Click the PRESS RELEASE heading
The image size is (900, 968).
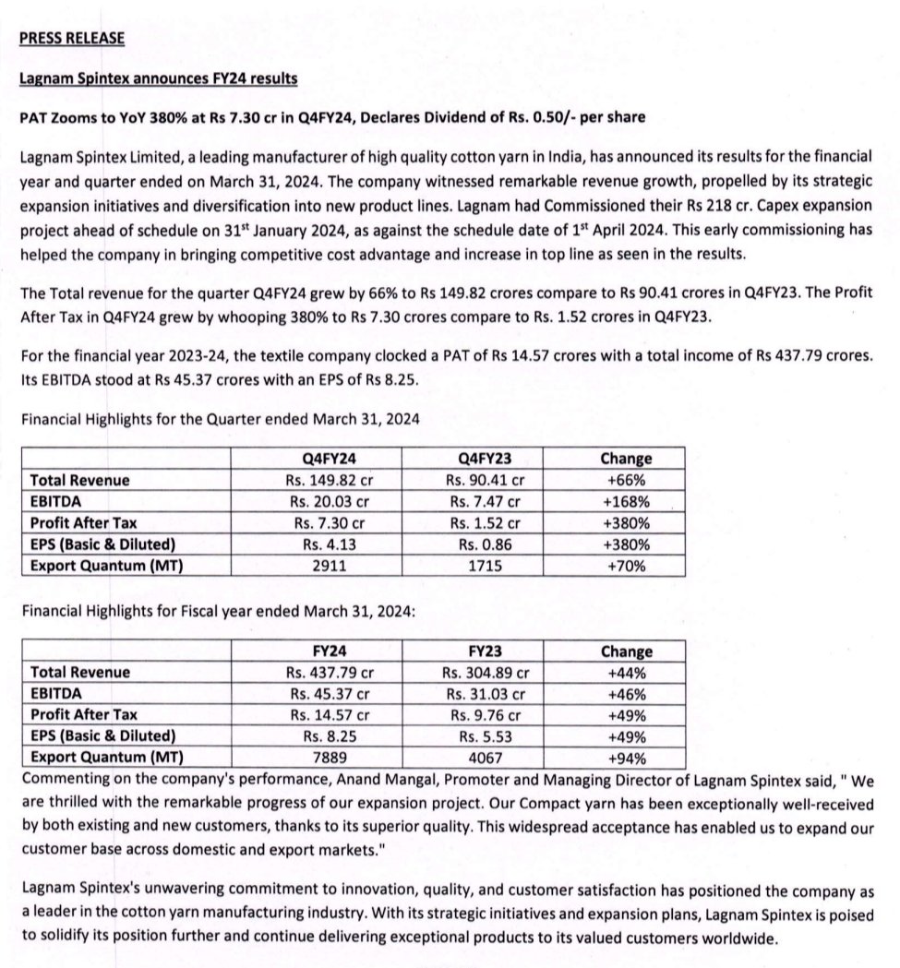tap(72, 38)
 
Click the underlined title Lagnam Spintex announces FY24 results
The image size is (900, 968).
tap(158, 78)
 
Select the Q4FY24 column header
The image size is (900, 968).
tap(330, 458)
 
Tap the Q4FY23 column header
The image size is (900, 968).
tap(485, 458)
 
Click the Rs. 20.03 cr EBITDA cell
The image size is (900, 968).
tap(330, 501)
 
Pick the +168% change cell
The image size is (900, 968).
tap(627, 501)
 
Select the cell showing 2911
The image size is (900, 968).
tap(330, 565)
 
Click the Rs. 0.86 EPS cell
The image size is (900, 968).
tap(485, 544)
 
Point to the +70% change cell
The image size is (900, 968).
tap(627, 565)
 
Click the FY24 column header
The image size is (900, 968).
tap(330, 651)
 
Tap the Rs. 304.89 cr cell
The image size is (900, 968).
tap(485, 672)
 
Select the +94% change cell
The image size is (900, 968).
tap(627, 758)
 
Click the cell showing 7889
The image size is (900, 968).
tap(330, 758)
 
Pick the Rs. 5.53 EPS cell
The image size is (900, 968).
tap(485, 736)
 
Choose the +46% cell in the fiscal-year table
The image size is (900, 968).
tap(627, 694)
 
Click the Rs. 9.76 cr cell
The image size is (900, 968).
tap(485, 715)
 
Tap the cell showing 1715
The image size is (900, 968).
tap(485, 565)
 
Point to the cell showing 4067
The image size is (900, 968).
tap(485, 758)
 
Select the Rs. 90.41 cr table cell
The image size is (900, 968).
tap(485, 480)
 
